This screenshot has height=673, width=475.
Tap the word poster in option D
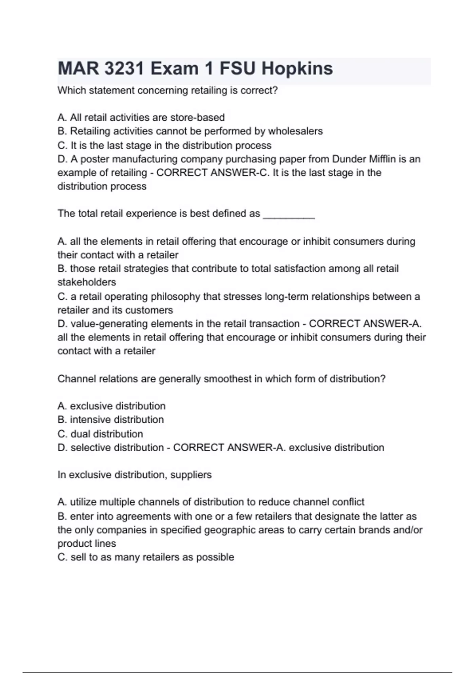94,159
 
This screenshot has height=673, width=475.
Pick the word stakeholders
87,282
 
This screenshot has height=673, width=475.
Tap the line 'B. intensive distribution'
110,420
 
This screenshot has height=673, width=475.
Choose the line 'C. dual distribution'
100,434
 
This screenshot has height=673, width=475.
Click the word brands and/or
390,530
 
